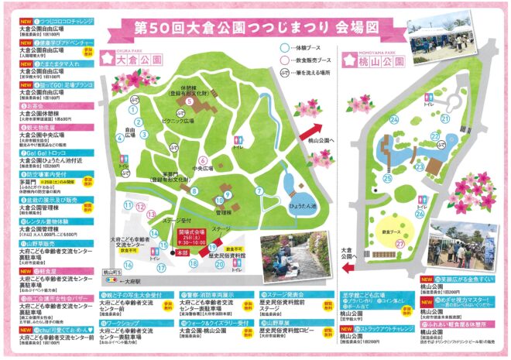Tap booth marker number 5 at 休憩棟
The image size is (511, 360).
tap(189, 100)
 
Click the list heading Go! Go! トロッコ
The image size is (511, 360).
tap(43, 153)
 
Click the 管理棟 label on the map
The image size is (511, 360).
tap(223, 211)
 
